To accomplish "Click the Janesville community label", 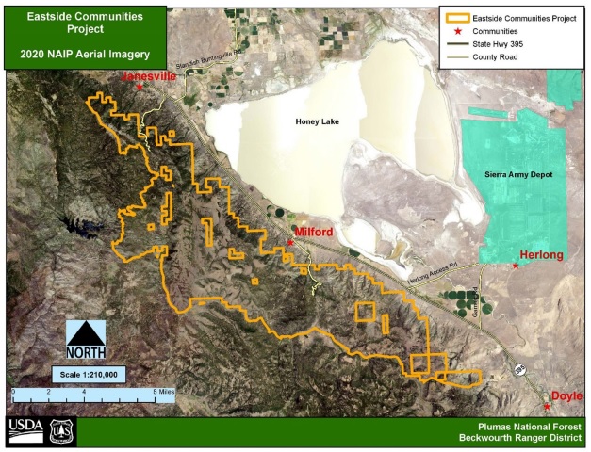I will [150, 77].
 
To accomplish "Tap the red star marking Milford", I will [290, 242].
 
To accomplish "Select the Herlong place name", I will [542, 255].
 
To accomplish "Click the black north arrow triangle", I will [86, 332].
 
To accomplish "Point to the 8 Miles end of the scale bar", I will [168, 389].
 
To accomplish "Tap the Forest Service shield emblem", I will [60, 431].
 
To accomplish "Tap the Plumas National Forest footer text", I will [518, 426].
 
